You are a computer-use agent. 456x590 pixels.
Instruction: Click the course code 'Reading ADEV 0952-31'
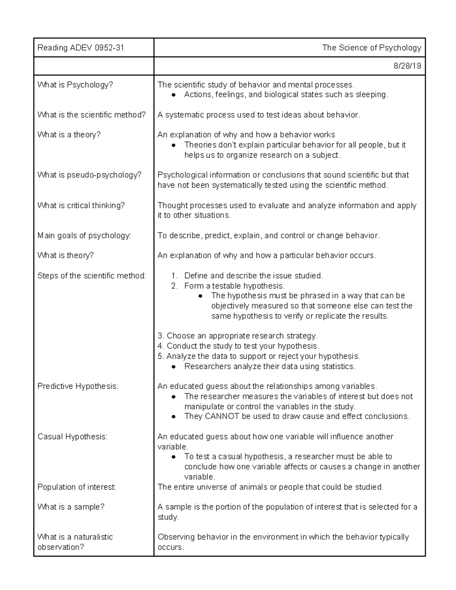[81, 48]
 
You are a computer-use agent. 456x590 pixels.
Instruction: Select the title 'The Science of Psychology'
[371, 48]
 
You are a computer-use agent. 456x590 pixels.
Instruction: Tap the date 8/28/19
[407, 66]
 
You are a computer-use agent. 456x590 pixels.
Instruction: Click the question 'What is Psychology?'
[75, 85]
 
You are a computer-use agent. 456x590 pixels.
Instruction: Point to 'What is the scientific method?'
[92, 115]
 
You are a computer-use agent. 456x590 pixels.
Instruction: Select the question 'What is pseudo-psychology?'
[89, 175]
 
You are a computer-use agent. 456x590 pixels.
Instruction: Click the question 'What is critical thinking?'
[81, 206]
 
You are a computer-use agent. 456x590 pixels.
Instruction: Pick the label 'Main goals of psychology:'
[84, 236]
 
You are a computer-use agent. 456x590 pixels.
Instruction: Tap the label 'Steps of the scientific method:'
[92, 276]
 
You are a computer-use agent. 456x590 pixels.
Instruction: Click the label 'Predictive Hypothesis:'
[78, 386]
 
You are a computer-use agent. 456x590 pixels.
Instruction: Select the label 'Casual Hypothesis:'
[72, 437]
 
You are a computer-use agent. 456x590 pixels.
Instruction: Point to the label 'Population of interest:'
[76, 487]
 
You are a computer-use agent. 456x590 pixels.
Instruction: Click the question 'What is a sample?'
[71, 507]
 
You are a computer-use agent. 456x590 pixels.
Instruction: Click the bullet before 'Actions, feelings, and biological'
[173, 95]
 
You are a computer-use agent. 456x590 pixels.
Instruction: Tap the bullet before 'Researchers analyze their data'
[173, 367]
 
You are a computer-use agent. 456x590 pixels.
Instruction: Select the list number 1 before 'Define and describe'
[174, 276]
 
